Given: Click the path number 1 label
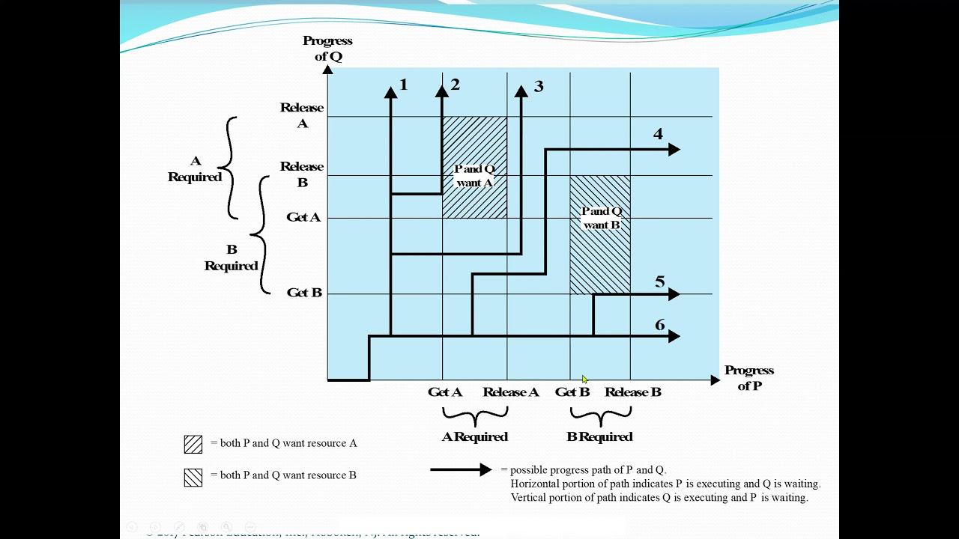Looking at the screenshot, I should (x=404, y=85).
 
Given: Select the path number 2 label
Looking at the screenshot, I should (x=455, y=85).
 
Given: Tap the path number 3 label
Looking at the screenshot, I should (x=538, y=87).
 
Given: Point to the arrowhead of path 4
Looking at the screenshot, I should (x=674, y=150).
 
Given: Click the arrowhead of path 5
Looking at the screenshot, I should (x=674, y=295).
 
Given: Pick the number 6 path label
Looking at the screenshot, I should (x=659, y=325).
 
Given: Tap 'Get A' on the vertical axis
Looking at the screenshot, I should (x=303, y=217).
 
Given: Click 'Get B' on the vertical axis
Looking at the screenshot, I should (x=304, y=293).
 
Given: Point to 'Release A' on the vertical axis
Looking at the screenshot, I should (x=302, y=115).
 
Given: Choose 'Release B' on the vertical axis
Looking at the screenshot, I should (x=302, y=174).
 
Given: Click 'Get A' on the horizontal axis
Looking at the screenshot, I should (x=445, y=392).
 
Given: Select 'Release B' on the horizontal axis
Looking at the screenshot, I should (x=633, y=392).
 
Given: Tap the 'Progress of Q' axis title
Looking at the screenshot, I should (x=327, y=49).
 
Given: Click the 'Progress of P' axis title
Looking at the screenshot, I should (x=748, y=378).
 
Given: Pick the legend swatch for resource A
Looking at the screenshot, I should (x=193, y=444).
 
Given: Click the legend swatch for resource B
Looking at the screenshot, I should (x=193, y=477).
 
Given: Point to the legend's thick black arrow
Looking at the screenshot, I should (x=461, y=470).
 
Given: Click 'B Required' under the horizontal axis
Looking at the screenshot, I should (x=599, y=437).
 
